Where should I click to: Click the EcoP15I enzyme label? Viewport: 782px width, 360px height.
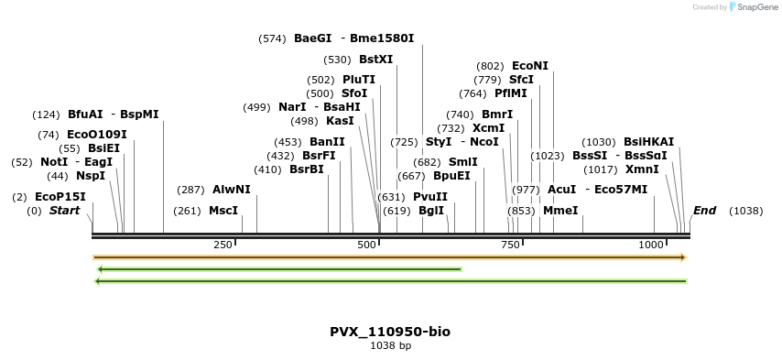tap(60, 197)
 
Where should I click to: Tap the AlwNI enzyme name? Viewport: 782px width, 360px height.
tap(232, 190)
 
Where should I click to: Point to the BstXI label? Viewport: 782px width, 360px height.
tap(376, 60)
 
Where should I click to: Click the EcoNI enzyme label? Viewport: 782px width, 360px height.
tap(530, 66)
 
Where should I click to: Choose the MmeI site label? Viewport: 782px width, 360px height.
tap(560, 211)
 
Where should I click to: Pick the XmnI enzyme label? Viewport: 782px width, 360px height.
tap(643, 169)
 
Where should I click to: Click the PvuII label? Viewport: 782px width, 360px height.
tap(430, 197)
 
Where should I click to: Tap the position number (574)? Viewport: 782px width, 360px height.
tap(272, 38)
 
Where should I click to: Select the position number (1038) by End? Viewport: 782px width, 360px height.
tap(746, 211)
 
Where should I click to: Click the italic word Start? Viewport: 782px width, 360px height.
tap(64, 211)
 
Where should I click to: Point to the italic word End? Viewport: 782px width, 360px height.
tap(705, 211)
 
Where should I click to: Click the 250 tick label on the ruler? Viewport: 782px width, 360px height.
tap(223, 245)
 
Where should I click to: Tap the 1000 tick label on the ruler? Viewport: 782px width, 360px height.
tap(651, 245)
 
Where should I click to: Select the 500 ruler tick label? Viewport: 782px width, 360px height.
tap(366, 245)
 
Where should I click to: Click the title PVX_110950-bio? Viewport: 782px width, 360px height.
tap(390, 332)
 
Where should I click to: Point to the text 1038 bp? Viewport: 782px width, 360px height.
tap(391, 345)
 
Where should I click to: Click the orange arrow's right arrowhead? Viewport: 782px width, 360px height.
tap(684, 257)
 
